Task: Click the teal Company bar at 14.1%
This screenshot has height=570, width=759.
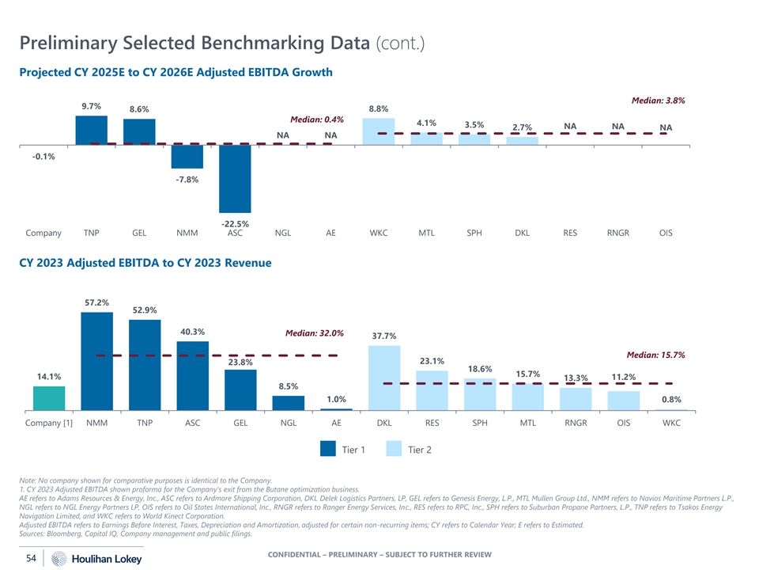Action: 49,398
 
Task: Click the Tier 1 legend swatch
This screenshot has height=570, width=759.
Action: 329,450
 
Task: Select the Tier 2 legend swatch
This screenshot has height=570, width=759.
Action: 395,450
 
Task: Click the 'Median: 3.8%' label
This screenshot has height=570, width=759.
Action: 659,101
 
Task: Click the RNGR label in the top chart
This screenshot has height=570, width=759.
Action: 617,234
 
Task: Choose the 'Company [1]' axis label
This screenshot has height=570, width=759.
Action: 49,423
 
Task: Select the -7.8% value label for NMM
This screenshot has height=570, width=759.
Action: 187,180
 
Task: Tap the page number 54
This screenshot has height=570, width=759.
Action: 32,559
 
